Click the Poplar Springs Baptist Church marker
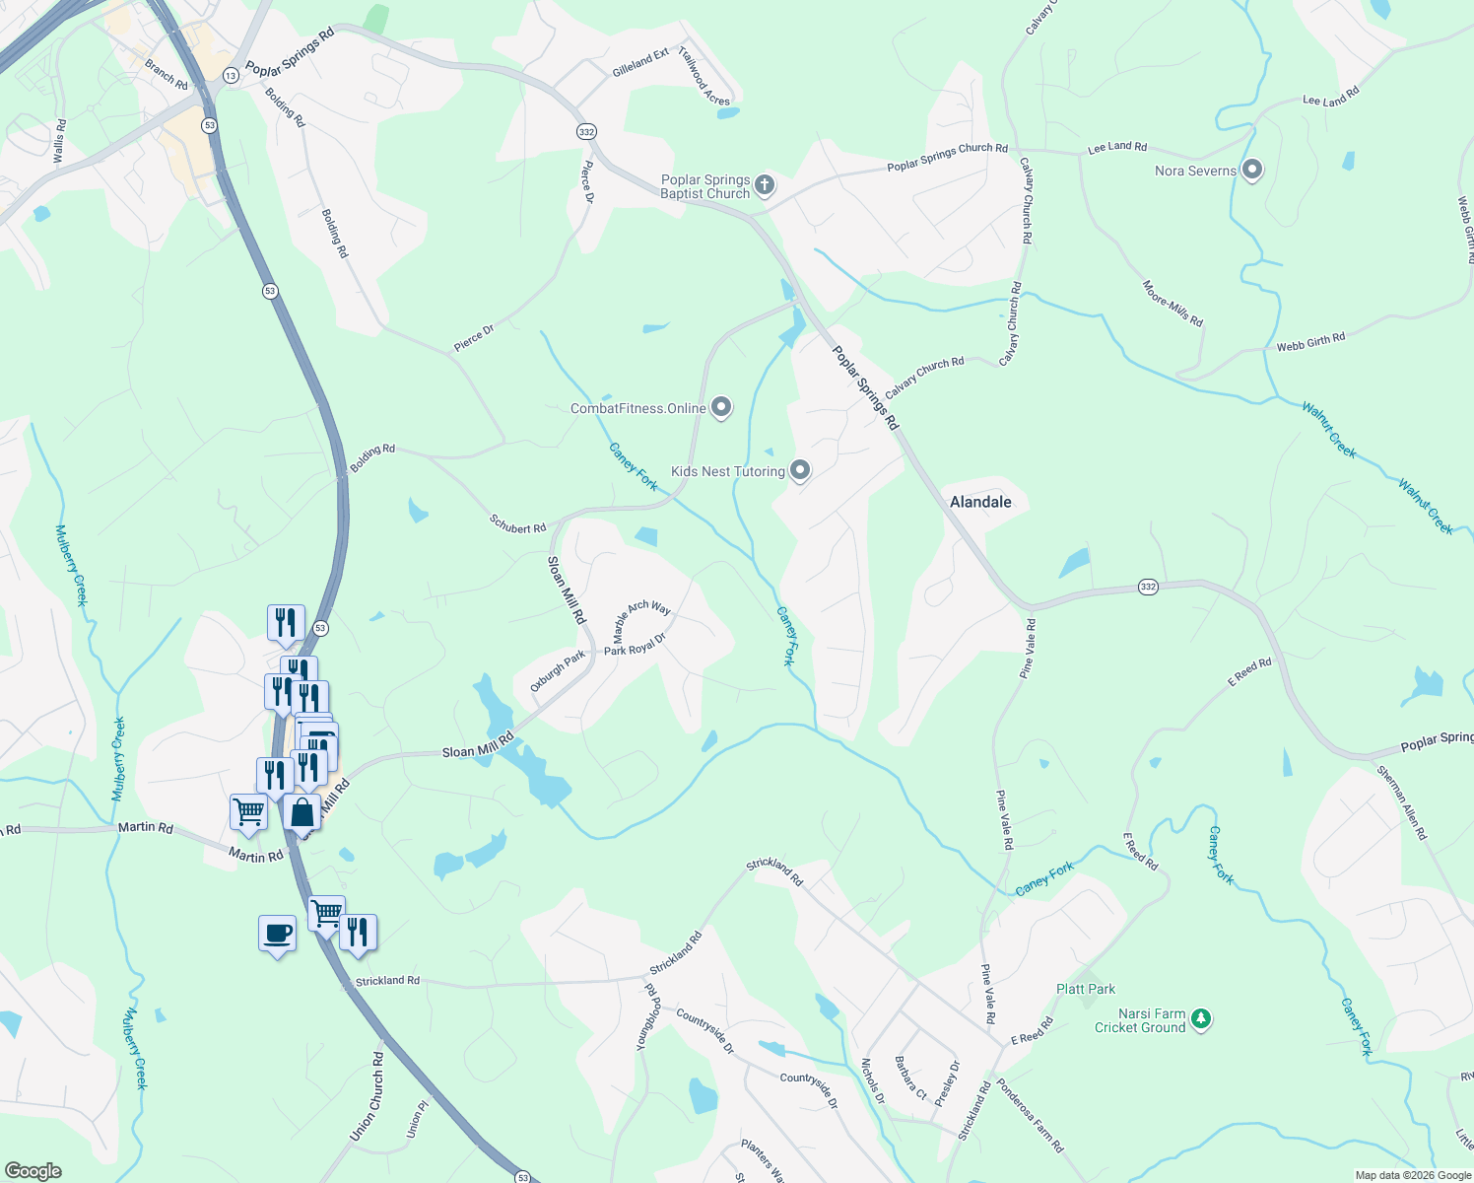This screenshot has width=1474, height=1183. [765, 184]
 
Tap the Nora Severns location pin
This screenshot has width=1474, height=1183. [1252, 170]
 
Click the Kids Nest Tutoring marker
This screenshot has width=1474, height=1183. [800, 470]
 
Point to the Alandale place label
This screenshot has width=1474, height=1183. [980, 502]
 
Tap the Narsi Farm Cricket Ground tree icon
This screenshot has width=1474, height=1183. [1200, 1018]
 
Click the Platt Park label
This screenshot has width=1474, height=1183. [1086, 989]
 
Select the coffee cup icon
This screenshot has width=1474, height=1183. [278, 933]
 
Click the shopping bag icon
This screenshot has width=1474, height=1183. [302, 813]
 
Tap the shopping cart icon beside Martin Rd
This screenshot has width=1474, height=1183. [249, 812]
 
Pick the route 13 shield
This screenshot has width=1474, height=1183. [231, 75]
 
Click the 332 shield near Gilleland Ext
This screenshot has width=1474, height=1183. [586, 131]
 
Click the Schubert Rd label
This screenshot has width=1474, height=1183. [517, 523]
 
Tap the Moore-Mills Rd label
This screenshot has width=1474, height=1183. [1172, 304]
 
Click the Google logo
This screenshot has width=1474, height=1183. [33, 1170]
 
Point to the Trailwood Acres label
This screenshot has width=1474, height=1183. [704, 76]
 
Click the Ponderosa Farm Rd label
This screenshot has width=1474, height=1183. [1031, 1116]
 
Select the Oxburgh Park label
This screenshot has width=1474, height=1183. [558, 670]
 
